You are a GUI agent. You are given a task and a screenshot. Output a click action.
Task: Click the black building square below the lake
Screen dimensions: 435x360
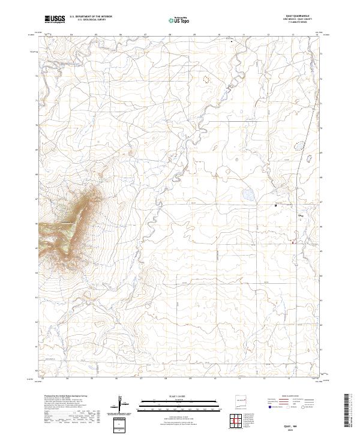[275, 205]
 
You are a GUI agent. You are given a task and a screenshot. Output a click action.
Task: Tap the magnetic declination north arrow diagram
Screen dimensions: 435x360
[121, 403]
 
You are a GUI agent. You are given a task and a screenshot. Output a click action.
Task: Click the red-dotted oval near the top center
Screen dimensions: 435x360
[208, 78]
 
